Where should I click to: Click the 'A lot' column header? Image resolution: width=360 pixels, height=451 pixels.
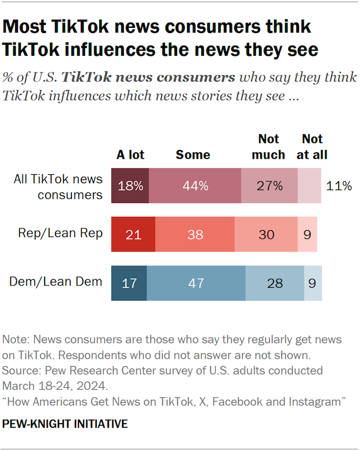tap(130, 155)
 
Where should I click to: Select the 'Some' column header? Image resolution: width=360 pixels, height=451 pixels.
tap(193, 155)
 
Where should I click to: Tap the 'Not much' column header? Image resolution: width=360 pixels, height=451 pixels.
tap(269, 147)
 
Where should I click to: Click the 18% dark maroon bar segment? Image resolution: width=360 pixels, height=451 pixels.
tap(130, 186)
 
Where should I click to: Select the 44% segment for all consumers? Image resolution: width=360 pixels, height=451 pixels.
tap(195, 186)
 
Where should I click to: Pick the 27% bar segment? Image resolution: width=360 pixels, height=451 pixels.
tap(269, 186)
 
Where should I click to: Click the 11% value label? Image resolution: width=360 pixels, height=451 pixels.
tap(339, 186)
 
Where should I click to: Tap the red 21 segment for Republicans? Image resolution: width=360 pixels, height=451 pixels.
tap(133, 234)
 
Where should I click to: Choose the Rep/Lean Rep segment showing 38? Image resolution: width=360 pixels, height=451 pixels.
tap(195, 234)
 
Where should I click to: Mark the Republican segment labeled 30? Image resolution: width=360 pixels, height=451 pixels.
tap(266, 234)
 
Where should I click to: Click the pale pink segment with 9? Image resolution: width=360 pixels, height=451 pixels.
tap(307, 234)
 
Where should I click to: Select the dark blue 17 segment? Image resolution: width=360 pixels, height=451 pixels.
tap(129, 283)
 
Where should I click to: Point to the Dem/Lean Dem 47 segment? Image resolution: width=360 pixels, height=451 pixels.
tap(196, 283)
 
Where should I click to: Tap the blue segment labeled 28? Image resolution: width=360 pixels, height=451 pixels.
tap(275, 283)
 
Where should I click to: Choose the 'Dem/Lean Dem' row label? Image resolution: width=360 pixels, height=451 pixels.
tap(56, 282)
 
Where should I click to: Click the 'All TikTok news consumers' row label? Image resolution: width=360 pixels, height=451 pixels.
tap(58, 187)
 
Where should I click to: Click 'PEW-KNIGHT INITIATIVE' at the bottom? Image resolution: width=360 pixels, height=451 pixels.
tap(65, 424)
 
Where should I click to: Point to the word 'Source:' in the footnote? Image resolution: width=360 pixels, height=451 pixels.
tap(20, 370)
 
